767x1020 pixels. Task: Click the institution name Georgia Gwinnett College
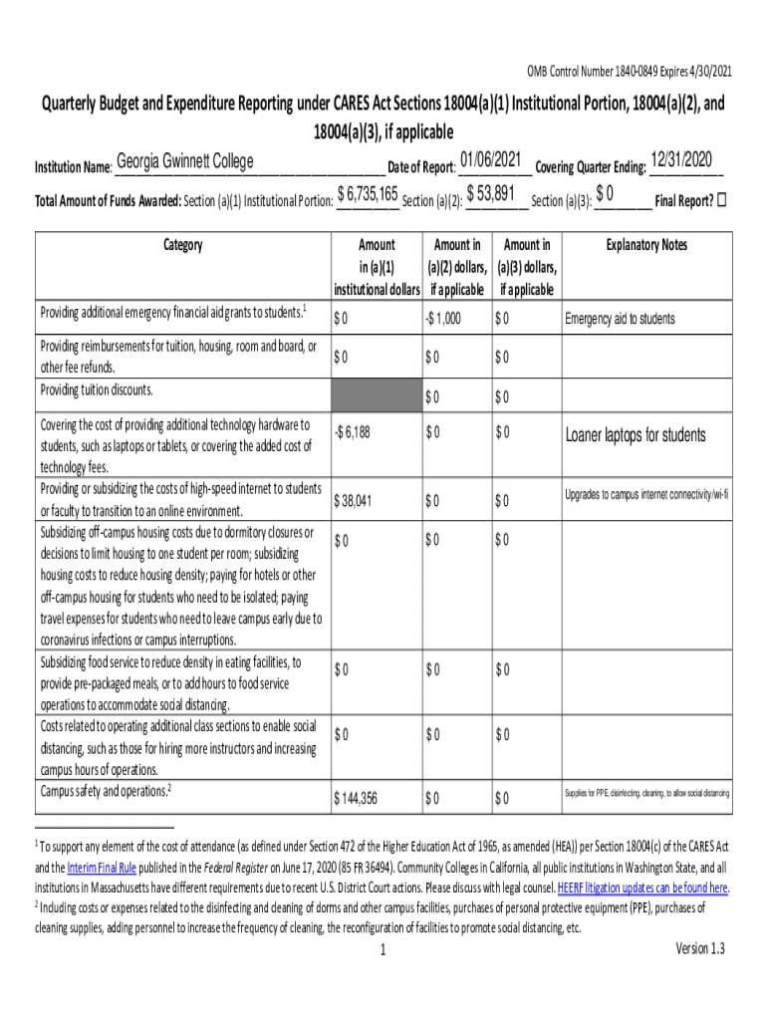[184, 162]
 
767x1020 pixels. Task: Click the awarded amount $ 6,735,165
[369, 193]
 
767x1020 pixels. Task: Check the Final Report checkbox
[722, 198]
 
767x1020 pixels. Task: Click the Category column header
[182, 245]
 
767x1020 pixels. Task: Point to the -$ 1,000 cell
[442, 319]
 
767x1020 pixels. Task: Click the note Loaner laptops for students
[636, 435]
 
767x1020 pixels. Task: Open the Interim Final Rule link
[109, 868]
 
